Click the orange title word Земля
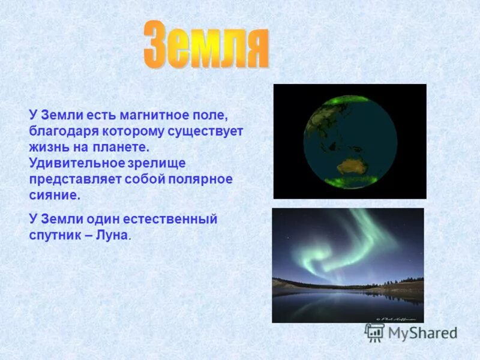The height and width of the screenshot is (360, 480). click(206, 46)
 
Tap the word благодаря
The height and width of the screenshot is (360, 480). click(59, 131)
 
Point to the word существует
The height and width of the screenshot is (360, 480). click(209, 131)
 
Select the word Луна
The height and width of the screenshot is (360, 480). click(112, 235)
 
